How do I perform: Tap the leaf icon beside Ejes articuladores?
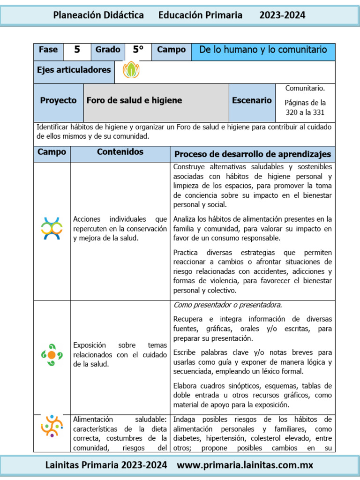131,70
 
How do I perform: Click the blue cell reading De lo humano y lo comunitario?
263,50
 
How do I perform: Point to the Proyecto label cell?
58,100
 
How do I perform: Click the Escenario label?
251,100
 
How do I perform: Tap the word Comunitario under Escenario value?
305,88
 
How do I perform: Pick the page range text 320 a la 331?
305,112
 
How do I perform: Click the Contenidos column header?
120,152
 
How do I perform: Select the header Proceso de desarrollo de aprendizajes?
252,154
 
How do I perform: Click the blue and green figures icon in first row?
52,228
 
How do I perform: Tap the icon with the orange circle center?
52,354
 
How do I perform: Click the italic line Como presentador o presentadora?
228,305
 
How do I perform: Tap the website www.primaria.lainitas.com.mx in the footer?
245,465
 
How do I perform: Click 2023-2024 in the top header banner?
282,15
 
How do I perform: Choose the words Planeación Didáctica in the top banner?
98,15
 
